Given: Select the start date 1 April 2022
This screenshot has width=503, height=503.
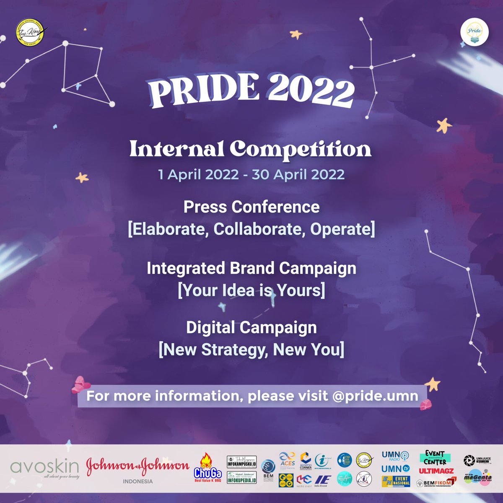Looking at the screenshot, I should point(198,174).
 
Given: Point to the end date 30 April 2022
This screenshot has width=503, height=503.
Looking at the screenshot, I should point(298,174).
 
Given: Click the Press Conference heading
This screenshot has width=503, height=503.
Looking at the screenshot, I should point(251,207).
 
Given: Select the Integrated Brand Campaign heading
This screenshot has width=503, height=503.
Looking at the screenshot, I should point(251,268).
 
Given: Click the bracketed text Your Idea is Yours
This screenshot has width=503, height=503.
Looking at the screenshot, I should point(251,290).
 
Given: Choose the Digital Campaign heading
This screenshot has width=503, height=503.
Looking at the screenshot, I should point(251,327).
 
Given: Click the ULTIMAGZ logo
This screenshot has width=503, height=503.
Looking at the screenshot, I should point(436,471).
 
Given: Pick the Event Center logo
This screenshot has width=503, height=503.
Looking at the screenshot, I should point(435,458).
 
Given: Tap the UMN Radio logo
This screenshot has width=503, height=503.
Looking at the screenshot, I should point(396,456).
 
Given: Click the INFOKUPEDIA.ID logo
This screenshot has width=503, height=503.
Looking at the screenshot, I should point(242,479).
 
